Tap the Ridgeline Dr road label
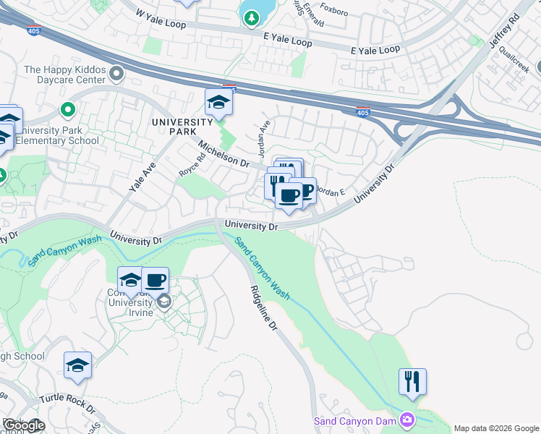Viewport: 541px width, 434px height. click(263, 308)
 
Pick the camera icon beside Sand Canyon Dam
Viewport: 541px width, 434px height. click(408, 420)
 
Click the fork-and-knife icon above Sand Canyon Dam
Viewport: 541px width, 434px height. click(412, 380)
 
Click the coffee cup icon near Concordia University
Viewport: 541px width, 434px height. click(155, 279)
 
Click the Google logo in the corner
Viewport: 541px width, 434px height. click(24, 425)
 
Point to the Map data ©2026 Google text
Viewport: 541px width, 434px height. click(496, 428)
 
